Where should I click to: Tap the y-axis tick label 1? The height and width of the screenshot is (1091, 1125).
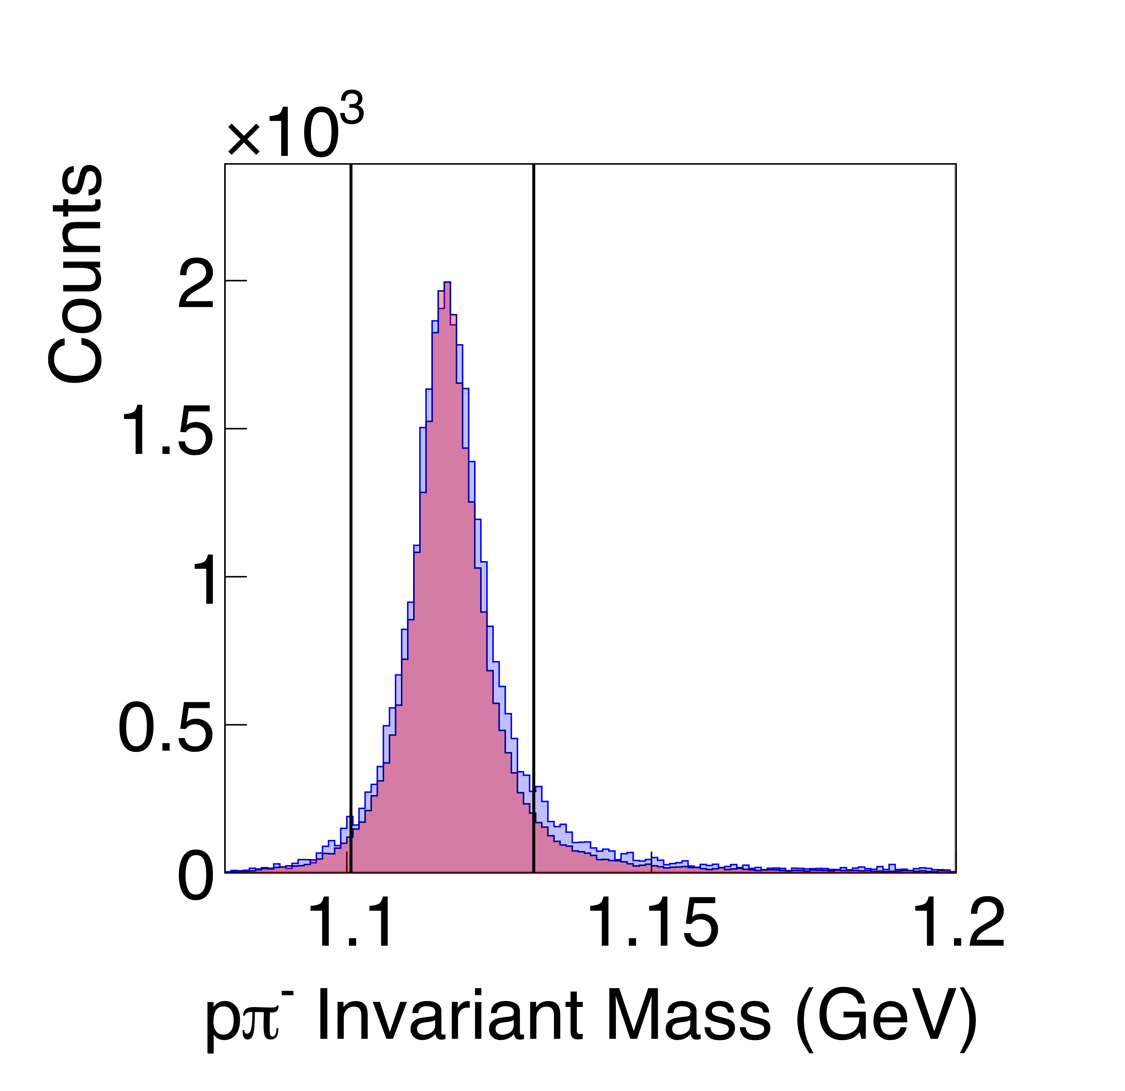click(205, 583)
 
